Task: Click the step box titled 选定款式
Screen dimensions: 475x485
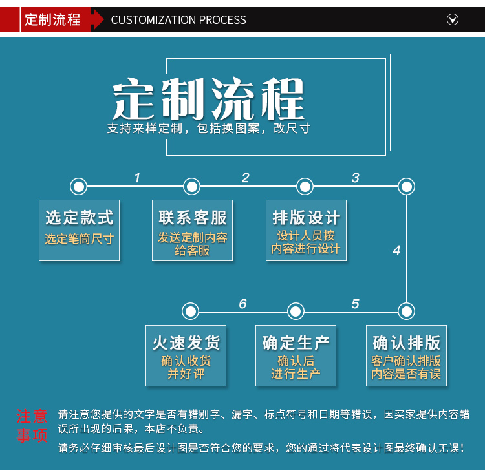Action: click(79, 229)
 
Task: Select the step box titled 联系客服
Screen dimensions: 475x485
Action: click(193, 229)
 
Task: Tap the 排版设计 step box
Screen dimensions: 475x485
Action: click(306, 229)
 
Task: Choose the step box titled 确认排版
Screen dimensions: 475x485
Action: click(406, 355)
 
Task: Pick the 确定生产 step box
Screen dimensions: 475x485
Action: click(296, 355)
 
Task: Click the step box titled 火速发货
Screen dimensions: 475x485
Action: click(186, 355)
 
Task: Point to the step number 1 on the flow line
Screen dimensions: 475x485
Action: click(137, 178)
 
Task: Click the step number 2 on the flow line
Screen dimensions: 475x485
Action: click(245, 178)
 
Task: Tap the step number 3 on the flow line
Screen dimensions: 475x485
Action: click(355, 178)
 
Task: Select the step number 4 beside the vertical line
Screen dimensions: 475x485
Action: click(396, 250)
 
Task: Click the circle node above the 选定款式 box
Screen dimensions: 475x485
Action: click(79, 187)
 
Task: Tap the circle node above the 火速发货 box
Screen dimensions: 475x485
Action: click(190, 311)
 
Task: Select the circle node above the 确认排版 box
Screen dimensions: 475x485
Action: click(406, 311)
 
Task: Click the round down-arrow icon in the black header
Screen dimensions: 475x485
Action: click(453, 19)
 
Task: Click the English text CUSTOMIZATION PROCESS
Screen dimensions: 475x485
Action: click(178, 20)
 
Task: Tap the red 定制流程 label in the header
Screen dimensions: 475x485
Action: click(52, 19)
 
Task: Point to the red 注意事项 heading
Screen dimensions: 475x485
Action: click(32, 426)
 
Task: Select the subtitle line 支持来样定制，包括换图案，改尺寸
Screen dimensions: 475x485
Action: click(209, 129)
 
